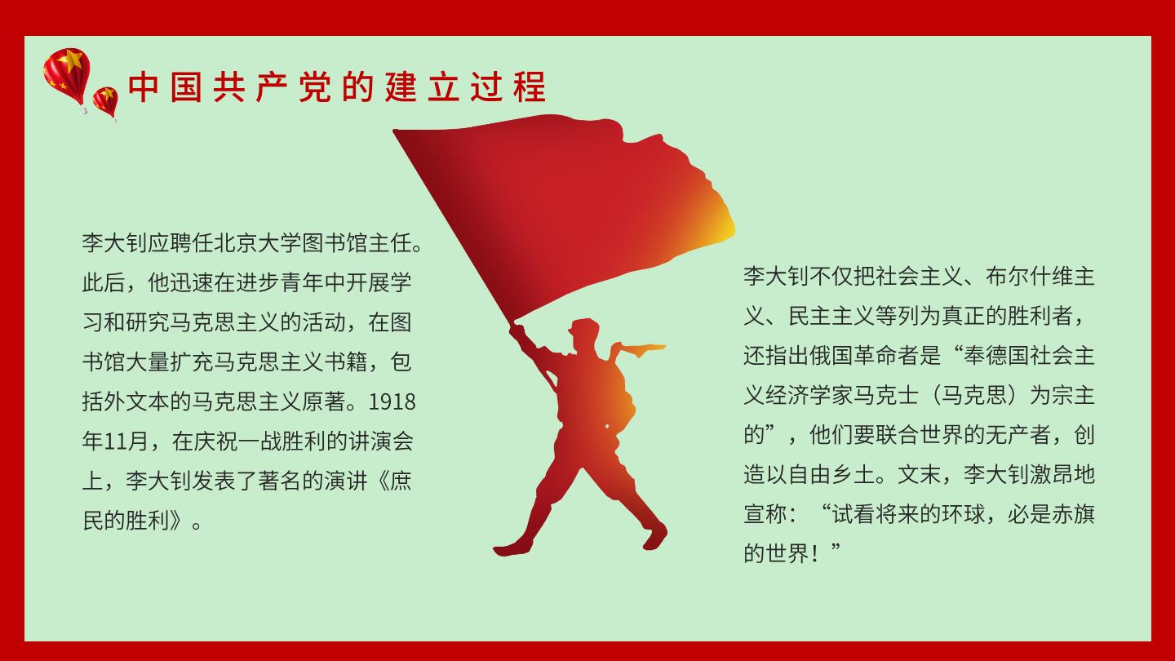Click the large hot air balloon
click(x=67, y=76)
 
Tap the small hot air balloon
click(x=105, y=102)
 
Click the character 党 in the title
click(x=315, y=87)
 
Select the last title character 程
click(x=530, y=87)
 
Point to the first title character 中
click(x=144, y=87)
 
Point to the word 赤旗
click(x=1073, y=515)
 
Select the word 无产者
click(x=1018, y=436)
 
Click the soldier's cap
click(x=584, y=326)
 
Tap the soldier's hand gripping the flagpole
click(x=517, y=331)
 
